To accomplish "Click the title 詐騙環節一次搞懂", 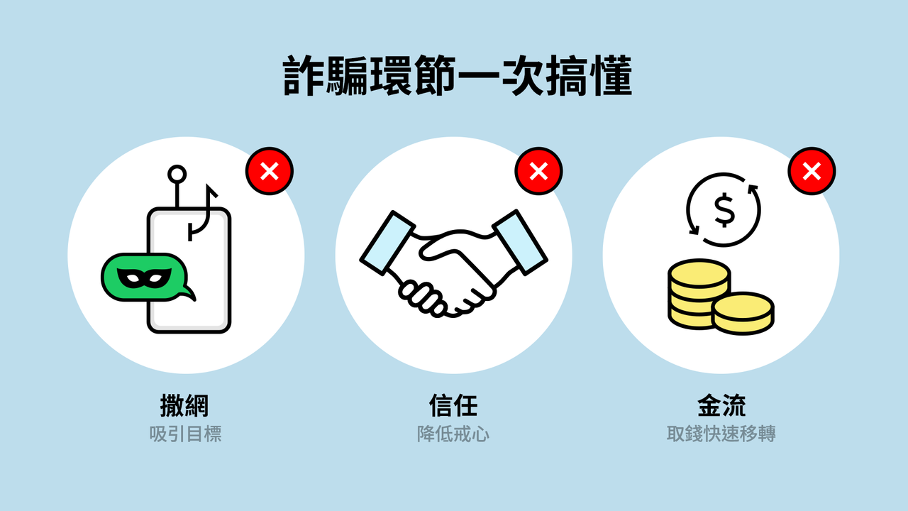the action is tap(458, 76).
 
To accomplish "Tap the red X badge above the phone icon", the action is tap(269, 171).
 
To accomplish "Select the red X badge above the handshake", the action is tap(538, 171).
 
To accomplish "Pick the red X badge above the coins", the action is tap(812, 171).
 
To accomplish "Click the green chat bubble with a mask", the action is tap(146, 278).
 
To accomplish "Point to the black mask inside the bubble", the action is tap(144, 278).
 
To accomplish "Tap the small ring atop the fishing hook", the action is tap(177, 175).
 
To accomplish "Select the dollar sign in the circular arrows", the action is tap(724, 211).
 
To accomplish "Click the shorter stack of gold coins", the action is tap(743, 313).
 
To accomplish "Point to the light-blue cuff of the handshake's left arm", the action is tap(387, 243).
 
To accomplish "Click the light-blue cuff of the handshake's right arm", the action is tap(520, 242).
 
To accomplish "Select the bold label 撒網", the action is tap(184, 405).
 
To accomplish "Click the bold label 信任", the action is tap(453, 405).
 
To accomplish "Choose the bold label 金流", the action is tap(721, 405).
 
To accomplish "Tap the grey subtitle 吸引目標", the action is tap(185, 434).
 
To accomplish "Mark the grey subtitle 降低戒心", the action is tap(453, 434).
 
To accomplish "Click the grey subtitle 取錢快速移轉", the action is tap(721, 434).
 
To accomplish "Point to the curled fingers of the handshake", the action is tap(421, 298).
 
